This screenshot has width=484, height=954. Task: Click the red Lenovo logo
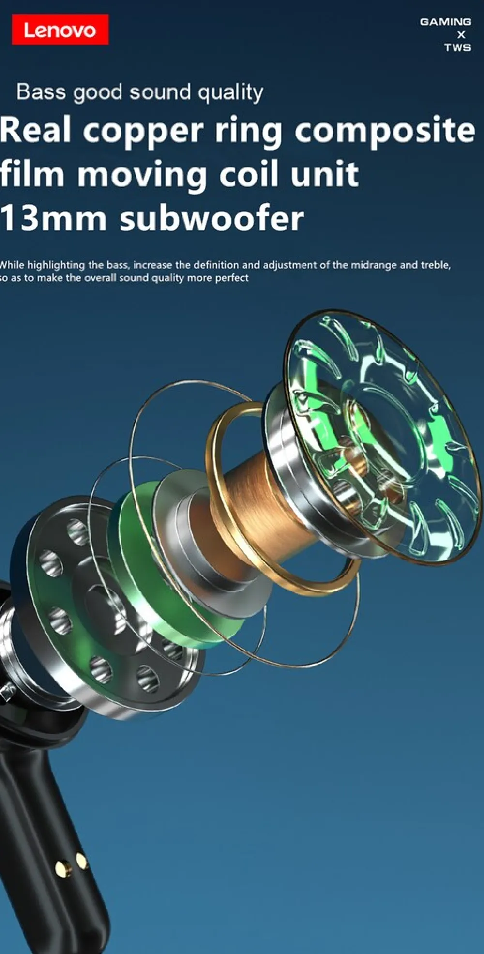[x=60, y=30]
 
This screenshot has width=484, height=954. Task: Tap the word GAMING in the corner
[x=445, y=22]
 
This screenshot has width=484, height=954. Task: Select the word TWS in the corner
[x=457, y=47]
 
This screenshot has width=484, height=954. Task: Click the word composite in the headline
[x=385, y=131]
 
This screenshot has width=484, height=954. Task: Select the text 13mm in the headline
[x=53, y=218]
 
